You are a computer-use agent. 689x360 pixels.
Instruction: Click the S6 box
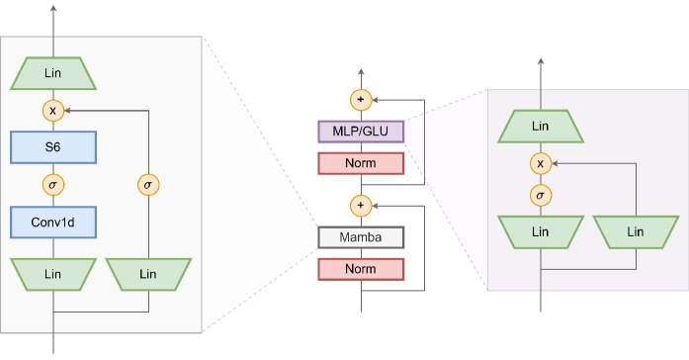53,147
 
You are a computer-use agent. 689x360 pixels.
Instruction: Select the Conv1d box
53,223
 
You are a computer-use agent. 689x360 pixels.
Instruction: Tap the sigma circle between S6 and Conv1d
53,185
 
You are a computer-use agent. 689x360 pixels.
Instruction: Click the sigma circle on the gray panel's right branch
148,185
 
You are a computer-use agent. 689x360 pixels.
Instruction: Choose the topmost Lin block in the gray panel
53,72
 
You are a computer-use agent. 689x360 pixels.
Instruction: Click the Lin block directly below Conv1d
53,273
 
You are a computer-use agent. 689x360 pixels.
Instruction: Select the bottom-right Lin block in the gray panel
148,273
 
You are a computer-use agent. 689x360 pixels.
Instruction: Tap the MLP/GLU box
361,132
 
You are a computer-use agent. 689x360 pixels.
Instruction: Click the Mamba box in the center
361,237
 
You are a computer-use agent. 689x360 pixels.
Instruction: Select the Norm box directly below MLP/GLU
361,163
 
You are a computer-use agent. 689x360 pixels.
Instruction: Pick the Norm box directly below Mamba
361,269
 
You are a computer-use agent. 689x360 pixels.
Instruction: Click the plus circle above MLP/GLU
361,100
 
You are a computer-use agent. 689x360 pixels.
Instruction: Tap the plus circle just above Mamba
361,206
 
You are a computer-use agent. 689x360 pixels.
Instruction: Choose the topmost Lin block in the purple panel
540,126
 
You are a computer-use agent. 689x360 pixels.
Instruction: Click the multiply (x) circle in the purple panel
540,163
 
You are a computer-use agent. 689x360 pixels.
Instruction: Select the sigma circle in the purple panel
540,195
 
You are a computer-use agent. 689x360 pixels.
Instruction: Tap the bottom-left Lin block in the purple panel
540,231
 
